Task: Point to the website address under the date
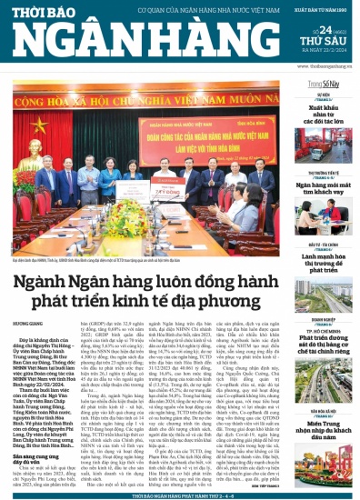[x=325, y=65]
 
